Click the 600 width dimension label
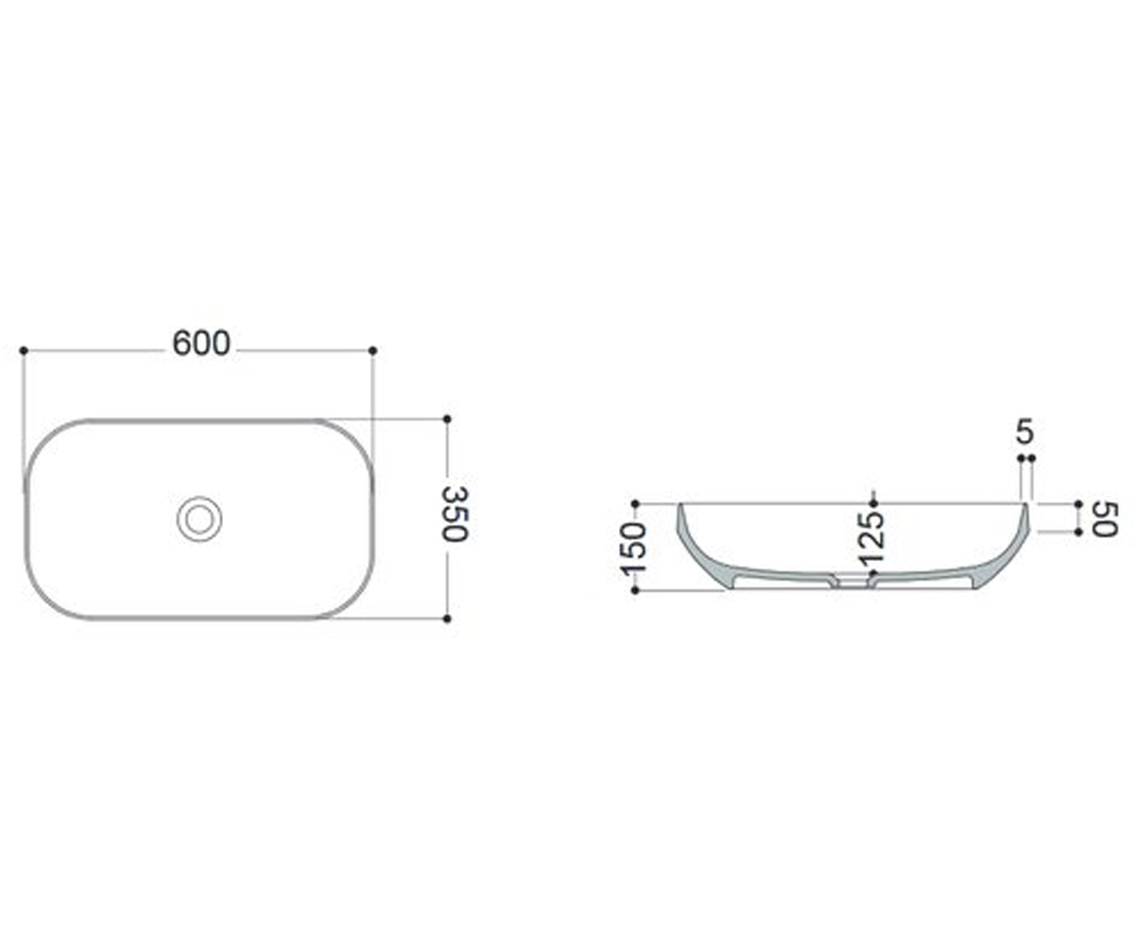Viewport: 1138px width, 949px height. tap(202, 344)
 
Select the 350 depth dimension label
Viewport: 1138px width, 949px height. tap(454, 513)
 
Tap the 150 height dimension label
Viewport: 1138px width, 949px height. tap(633, 549)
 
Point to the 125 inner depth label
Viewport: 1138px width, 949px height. tap(870, 539)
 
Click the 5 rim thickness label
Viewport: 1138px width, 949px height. tap(1024, 432)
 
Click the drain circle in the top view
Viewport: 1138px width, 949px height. tap(199, 519)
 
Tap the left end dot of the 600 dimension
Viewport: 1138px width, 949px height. tap(24, 350)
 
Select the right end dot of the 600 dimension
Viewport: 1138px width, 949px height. tap(373, 350)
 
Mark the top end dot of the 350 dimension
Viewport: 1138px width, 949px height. tap(448, 419)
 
